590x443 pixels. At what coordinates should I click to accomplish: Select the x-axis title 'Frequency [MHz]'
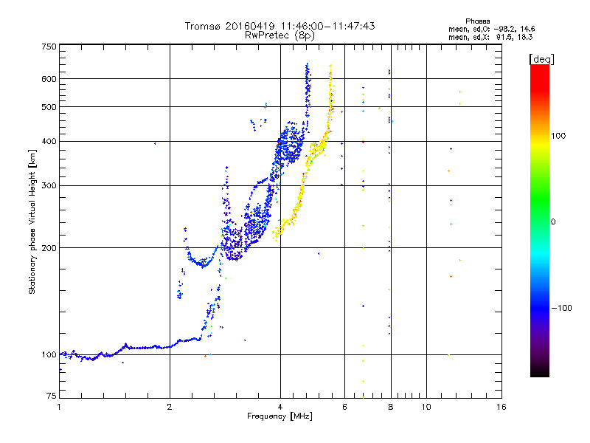[280, 416]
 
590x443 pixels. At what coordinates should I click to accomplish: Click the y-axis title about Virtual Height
[32, 222]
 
